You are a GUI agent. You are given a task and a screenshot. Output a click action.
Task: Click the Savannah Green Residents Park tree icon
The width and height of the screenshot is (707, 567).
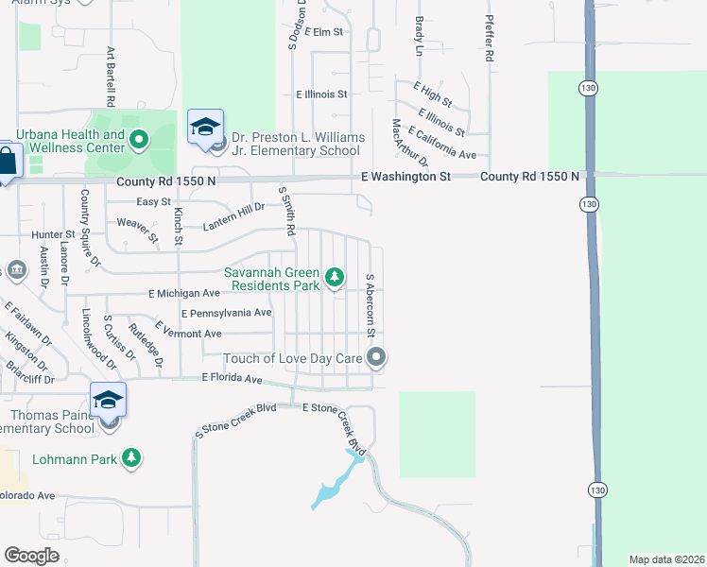[334, 277]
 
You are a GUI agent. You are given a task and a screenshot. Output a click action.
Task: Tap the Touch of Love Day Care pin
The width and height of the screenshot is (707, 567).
[377, 357]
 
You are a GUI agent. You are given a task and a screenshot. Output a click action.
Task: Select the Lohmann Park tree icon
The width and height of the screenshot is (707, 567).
[132, 458]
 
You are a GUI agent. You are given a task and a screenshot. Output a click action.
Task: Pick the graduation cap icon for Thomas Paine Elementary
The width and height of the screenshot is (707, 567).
[109, 400]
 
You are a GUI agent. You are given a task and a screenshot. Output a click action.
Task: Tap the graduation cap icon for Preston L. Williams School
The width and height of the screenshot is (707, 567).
[205, 127]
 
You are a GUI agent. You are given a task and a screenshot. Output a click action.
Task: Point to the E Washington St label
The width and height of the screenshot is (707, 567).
[405, 176]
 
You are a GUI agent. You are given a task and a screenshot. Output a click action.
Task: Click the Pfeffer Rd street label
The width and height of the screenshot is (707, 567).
[490, 39]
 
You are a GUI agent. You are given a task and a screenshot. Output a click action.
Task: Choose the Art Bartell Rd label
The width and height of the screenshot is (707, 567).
[111, 76]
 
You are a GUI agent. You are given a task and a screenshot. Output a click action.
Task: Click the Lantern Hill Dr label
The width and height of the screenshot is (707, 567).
[233, 215]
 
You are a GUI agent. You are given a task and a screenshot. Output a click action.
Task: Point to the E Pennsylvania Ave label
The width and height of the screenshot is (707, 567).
[227, 313]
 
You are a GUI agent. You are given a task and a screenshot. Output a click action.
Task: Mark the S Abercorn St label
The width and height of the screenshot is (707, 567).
[371, 305]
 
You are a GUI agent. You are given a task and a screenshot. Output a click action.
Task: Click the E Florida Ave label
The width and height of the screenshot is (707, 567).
[232, 378]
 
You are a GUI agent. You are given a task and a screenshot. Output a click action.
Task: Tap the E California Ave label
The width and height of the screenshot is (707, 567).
[442, 143]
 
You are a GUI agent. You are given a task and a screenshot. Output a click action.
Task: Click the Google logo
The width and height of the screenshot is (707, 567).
[31, 555]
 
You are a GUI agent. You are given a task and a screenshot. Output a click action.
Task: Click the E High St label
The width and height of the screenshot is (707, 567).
[433, 93]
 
